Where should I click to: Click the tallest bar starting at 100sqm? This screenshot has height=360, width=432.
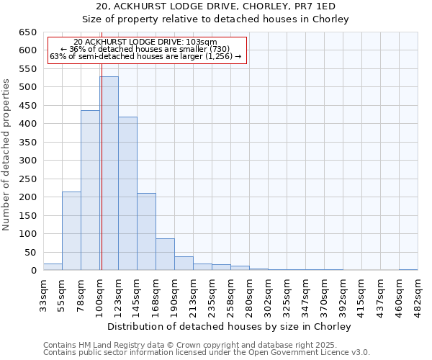coord(109,174)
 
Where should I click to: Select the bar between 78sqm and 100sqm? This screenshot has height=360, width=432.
coord(90,191)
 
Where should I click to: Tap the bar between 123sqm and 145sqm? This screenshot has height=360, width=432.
coord(127,194)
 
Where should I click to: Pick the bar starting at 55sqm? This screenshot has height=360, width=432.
coord(71,231)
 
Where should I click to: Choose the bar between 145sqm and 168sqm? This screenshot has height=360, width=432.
coord(146,232)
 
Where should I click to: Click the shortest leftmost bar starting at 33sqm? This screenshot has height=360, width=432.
coord(53,266)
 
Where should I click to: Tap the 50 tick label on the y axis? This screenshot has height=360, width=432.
coord(30,252)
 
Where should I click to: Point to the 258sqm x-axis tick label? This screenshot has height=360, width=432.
coord(230,294)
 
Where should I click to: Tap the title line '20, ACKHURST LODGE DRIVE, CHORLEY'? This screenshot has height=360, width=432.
coord(216,6)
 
